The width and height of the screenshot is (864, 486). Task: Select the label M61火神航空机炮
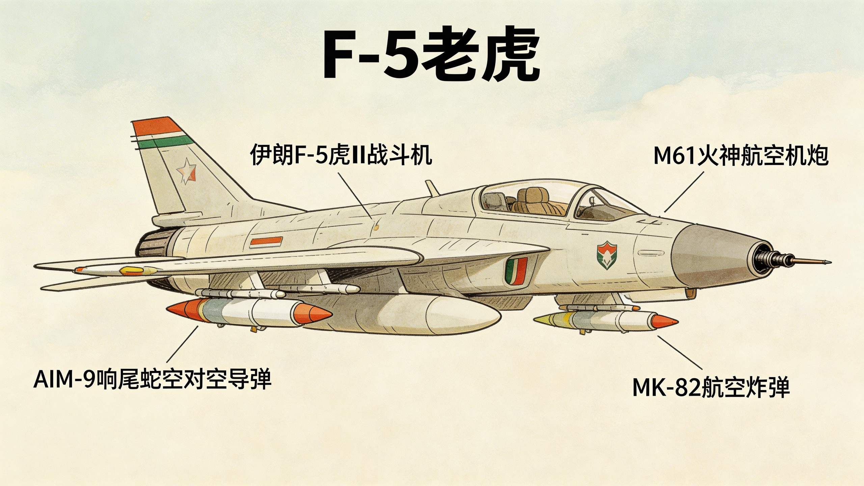(x=741, y=156)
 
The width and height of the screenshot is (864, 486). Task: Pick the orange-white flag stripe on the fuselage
(x=266, y=242)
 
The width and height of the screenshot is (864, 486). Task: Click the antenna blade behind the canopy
(x=432, y=188)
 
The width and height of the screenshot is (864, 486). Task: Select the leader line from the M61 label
(x=684, y=192)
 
